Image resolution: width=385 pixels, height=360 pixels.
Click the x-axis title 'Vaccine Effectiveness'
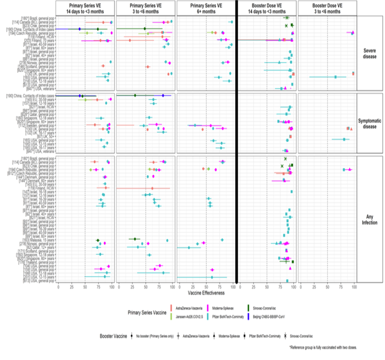206,293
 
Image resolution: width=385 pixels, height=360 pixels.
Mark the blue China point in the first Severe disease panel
80,29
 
